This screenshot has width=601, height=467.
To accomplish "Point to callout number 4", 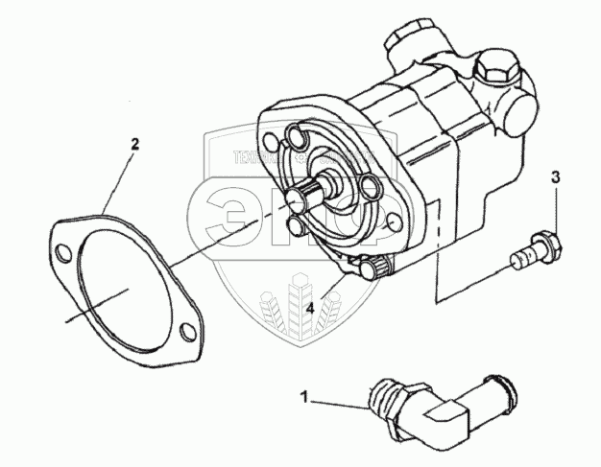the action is point(310,308).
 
